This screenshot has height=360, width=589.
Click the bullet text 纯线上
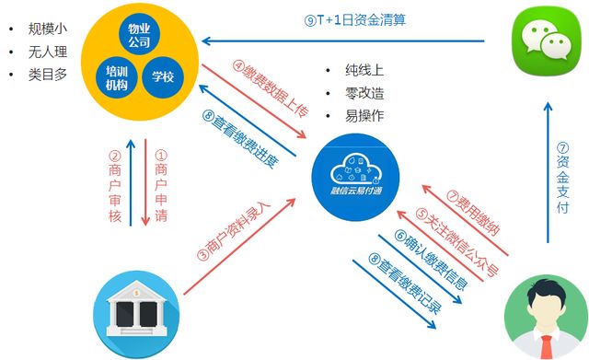click(x=364, y=72)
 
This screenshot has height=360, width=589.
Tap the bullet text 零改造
click(x=364, y=95)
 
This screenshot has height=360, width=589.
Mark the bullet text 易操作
click(x=364, y=118)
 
